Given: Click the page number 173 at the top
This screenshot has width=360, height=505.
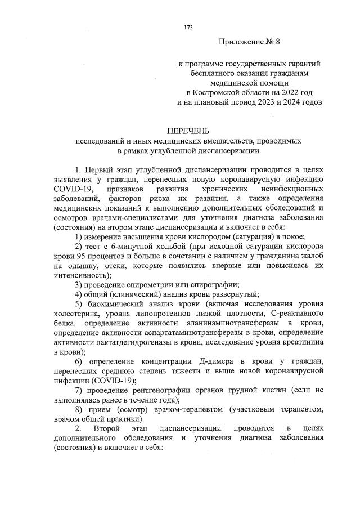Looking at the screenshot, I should click(188, 26).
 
